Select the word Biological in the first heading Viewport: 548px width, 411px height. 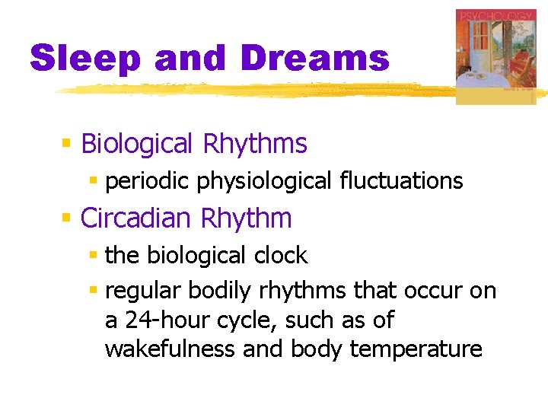tap(137, 143)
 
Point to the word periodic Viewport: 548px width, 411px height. tap(148, 181)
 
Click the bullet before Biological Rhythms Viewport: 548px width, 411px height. tap(66, 143)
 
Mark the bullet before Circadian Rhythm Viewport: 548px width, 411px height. tap(66, 218)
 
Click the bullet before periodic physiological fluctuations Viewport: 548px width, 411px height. tap(94, 181)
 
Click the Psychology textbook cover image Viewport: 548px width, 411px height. tap(495, 57)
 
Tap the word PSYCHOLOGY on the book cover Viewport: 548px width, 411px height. tap(495, 16)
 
